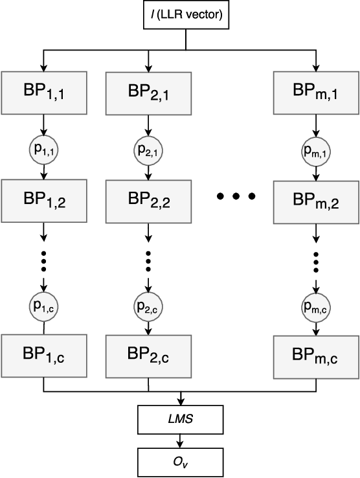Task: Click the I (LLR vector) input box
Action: pos(186,15)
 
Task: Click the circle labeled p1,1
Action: pos(43,150)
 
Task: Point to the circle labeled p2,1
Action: pos(148,150)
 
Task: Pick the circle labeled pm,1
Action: pos(317,152)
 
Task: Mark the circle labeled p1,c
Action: pos(43,305)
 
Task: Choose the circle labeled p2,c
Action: pos(148,305)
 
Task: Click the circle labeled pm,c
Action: pos(317,305)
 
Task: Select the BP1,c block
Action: pos(43,355)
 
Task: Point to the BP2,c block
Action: pos(148,355)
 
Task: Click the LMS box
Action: pos(181,420)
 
